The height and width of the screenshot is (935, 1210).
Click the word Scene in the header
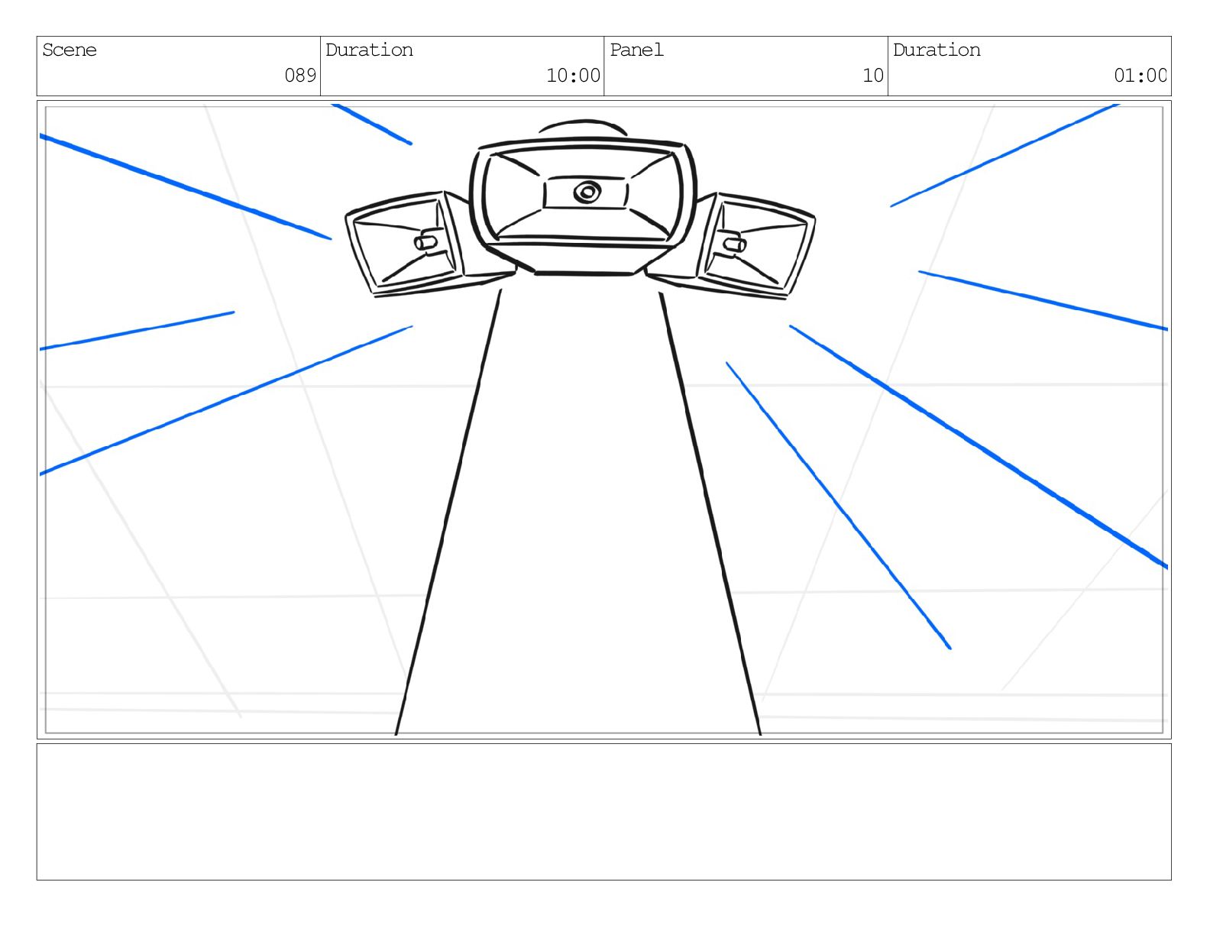(70, 50)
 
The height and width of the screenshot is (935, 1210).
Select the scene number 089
(300, 75)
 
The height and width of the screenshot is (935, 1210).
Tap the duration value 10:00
(573, 75)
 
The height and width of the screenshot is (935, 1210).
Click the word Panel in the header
(636, 50)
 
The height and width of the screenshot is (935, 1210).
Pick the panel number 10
(873, 75)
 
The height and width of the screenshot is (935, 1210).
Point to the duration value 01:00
(1140, 75)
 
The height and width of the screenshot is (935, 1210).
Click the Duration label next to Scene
(369, 50)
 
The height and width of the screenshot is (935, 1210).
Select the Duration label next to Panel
(937, 50)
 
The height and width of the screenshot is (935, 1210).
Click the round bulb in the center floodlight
(587, 192)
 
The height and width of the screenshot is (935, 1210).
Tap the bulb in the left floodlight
(425, 242)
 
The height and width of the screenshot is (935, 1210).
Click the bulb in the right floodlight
(735, 244)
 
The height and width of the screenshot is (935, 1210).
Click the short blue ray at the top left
(372, 124)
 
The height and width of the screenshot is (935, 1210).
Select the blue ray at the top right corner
(1005, 155)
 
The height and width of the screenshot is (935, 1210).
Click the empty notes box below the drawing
(603, 811)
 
